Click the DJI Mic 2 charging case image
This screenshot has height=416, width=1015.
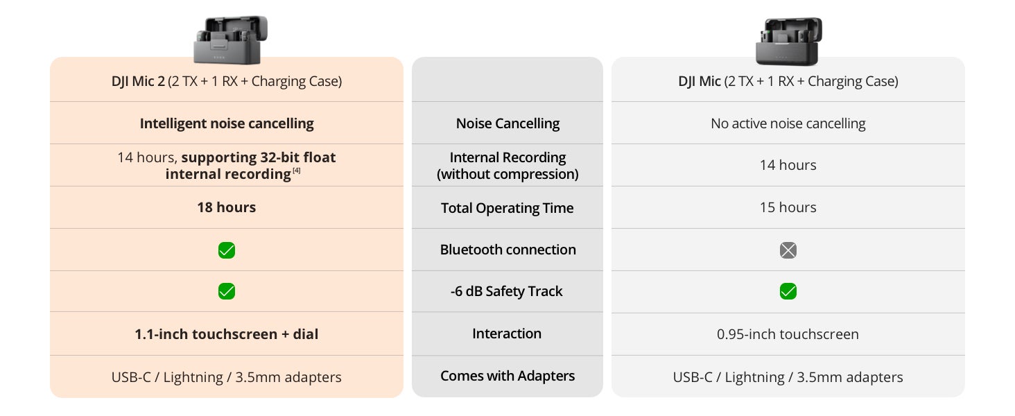coord(230,40)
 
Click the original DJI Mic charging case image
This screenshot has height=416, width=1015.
coord(788,41)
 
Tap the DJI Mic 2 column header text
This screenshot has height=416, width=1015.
coord(227,81)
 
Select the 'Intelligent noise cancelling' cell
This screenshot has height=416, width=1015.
coord(227,123)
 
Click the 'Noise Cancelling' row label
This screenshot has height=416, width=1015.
coord(507,123)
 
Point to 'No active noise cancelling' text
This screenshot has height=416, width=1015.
coord(788,123)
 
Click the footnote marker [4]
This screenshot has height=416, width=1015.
coord(296,171)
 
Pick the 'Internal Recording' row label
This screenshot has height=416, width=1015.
coord(507,166)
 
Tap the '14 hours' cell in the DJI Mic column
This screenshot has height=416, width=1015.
coord(788,165)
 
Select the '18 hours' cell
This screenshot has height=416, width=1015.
coord(227,207)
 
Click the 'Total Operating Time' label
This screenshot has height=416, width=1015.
coord(507,208)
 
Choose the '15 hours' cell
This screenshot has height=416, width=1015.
coord(788,207)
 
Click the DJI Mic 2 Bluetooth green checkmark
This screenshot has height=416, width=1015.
coord(227,250)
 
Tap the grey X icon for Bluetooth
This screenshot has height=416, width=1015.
coord(788,250)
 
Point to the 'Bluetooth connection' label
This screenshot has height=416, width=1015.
coord(507,250)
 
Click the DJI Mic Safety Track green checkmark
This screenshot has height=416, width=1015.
coord(788,291)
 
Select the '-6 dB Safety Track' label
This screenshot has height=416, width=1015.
coord(507,291)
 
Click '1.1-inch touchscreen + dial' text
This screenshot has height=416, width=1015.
coord(227,334)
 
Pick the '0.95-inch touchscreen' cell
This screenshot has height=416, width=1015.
coord(788,334)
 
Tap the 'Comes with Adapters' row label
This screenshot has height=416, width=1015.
coord(507,376)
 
